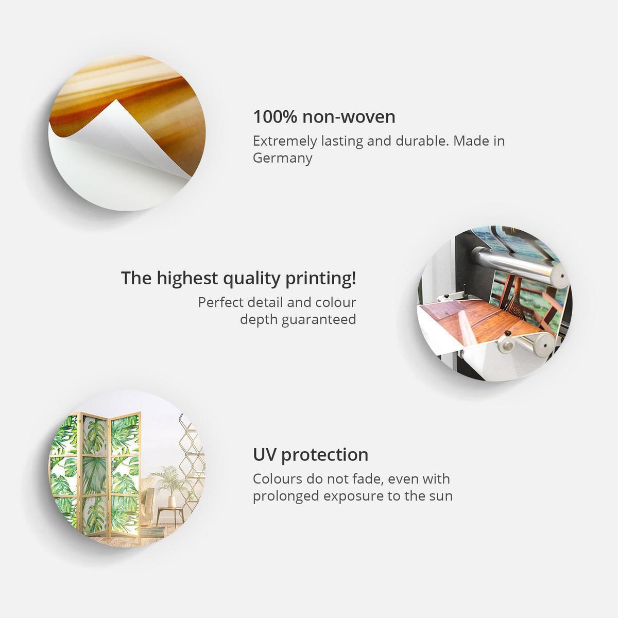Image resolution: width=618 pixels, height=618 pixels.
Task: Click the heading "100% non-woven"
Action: (324, 117)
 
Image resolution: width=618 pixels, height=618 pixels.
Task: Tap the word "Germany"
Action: (283, 158)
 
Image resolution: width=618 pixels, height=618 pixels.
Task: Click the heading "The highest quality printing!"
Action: (238, 279)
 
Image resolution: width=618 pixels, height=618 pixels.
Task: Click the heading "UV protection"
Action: (311, 455)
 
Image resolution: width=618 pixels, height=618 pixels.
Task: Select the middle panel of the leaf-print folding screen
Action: (95, 475)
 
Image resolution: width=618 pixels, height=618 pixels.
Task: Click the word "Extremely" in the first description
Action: (285, 141)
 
